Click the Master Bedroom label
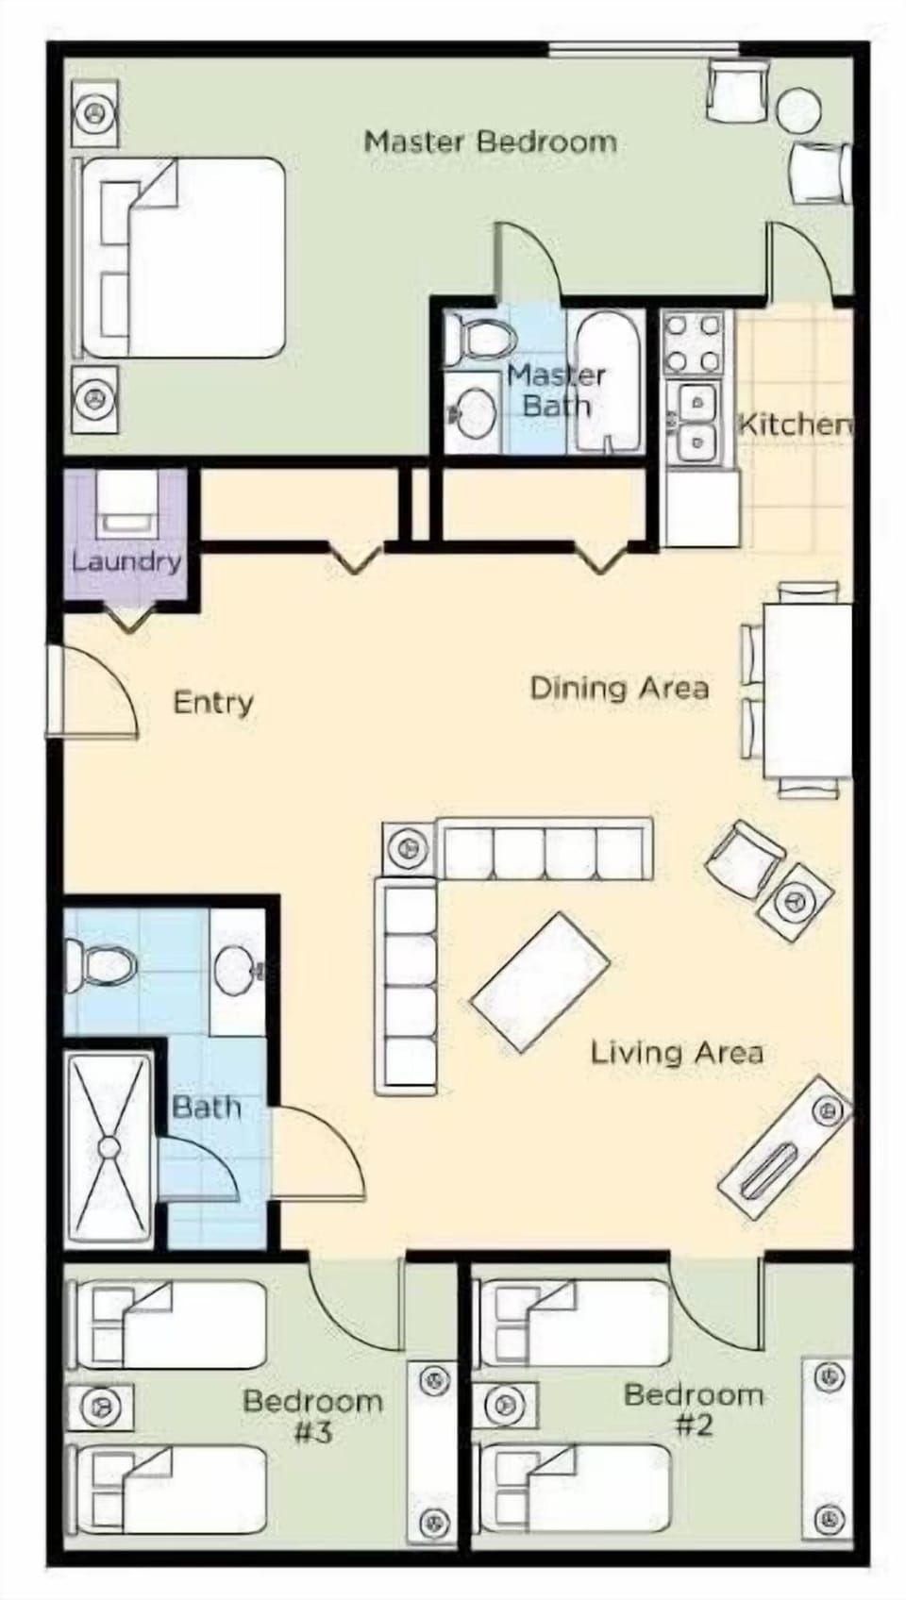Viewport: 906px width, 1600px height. (x=490, y=142)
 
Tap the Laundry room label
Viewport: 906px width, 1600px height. (x=126, y=561)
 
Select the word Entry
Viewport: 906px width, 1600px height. (x=213, y=703)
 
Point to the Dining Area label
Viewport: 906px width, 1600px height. (x=619, y=688)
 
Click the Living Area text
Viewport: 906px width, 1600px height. (x=677, y=1052)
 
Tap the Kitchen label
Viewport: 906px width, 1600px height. (x=794, y=424)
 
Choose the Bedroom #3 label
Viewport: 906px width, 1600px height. (x=312, y=1415)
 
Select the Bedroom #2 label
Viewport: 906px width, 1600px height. (x=694, y=1408)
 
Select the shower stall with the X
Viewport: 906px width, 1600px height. (x=109, y=1148)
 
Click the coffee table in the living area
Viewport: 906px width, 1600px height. (x=540, y=982)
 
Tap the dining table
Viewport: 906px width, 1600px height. (x=807, y=689)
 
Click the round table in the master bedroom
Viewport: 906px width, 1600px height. (x=798, y=109)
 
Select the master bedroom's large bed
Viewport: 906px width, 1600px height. (x=183, y=258)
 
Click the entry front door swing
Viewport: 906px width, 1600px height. (x=94, y=693)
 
